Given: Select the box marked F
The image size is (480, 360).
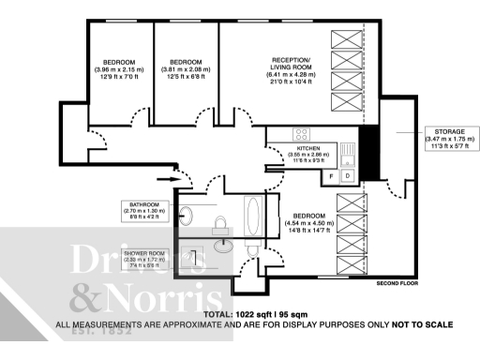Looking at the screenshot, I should pos(331,175).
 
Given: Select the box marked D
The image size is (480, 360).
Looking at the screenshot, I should pos(347,175).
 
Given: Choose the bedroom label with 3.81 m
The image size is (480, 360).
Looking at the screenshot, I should pos(186,69).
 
